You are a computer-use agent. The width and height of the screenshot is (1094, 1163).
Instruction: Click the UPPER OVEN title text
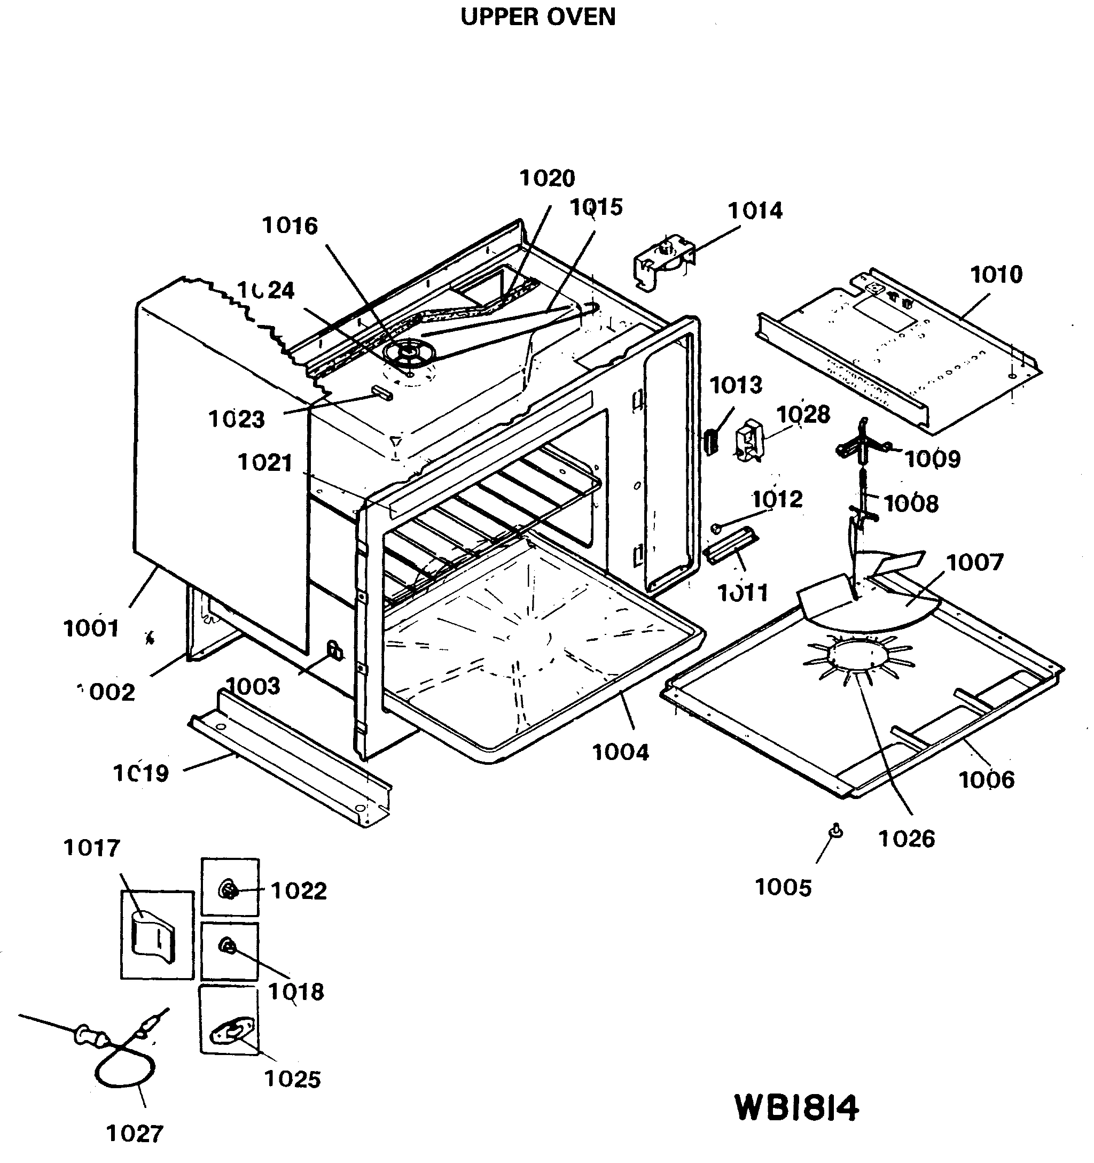[x=538, y=17]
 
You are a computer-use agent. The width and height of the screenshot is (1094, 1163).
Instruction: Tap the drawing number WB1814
[x=796, y=1108]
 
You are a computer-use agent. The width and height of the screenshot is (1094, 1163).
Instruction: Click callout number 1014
[x=754, y=211]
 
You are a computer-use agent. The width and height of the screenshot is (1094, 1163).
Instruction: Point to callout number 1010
[x=996, y=274]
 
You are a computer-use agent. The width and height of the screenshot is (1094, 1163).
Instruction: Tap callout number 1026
[x=907, y=839]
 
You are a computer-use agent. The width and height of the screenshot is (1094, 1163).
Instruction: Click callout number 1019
[x=141, y=773]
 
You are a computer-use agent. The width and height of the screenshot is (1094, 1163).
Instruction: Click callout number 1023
[x=236, y=420]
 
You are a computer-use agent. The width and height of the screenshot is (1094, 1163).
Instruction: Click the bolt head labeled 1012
[x=715, y=528]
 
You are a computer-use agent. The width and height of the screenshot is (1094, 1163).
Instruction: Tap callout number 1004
[x=620, y=753]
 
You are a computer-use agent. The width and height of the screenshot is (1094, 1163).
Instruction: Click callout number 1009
[x=933, y=459]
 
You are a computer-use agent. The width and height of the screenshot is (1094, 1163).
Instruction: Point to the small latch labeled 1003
[x=334, y=649]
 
